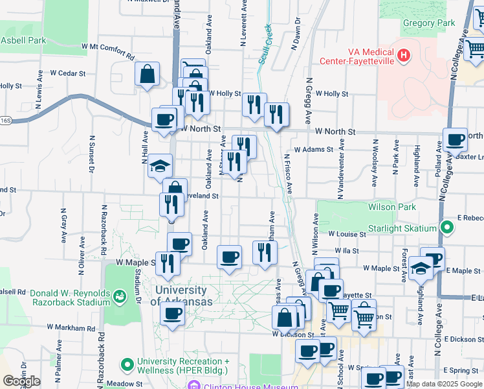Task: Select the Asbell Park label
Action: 23,40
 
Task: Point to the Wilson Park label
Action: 391,207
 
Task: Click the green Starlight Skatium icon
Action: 446,228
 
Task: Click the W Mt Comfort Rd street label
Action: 107,47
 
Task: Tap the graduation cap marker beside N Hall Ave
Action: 160,166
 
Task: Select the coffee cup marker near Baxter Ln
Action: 455,139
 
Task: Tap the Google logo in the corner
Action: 21,381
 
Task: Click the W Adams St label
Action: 313,149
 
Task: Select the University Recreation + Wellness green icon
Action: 126,364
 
